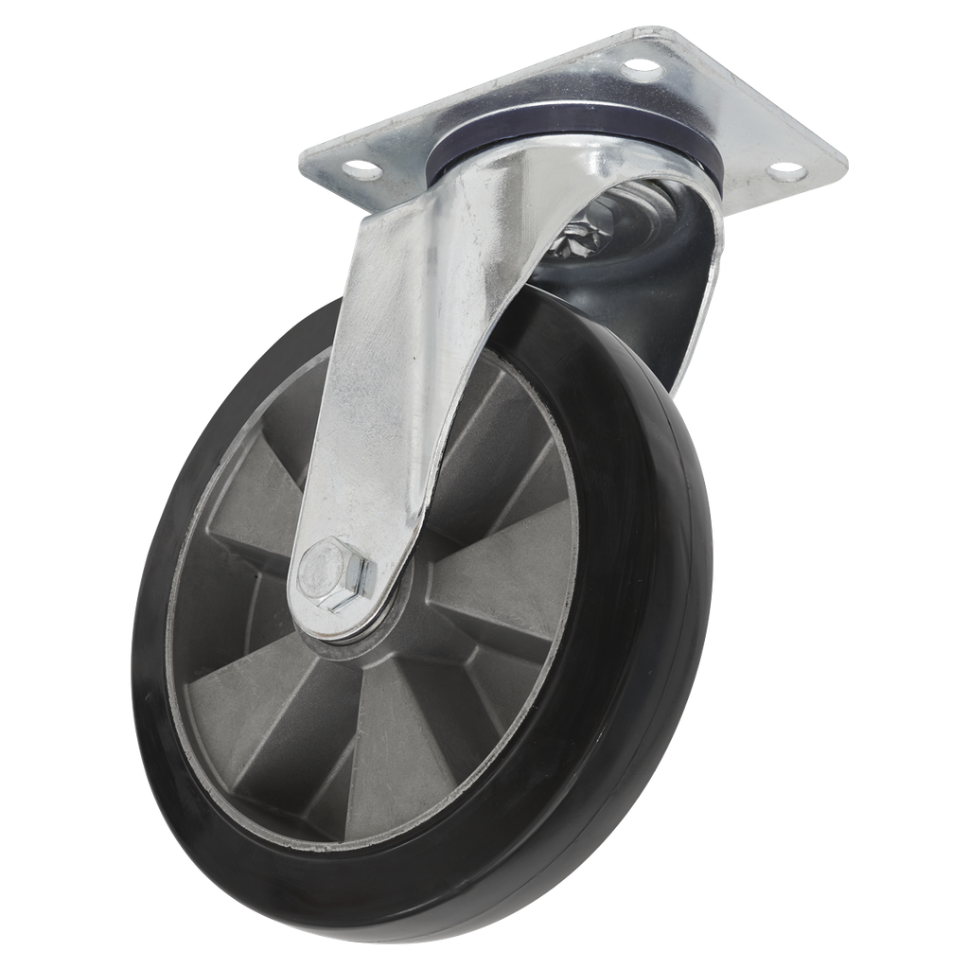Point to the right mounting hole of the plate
click(x=783, y=172)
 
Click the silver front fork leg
click(x=397, y=379)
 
